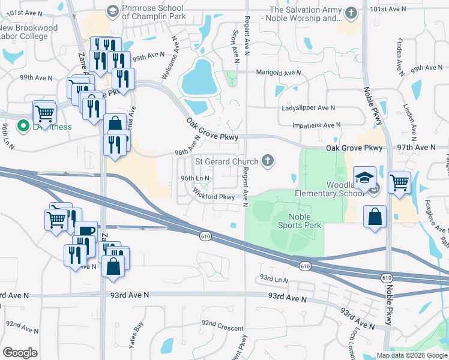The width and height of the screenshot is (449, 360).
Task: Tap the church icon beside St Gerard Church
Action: (268, 161)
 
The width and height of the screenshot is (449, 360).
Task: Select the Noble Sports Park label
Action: (299, 221)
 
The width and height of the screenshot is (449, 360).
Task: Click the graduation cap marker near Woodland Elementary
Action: (364, 178)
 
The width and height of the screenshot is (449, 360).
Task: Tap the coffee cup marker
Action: (86, 232)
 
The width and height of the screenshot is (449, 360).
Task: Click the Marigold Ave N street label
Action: (278, 73)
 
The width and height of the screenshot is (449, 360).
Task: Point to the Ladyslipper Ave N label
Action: (309, 108)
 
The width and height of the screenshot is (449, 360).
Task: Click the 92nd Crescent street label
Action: (222, 329)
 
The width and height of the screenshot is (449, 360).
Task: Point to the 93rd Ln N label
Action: (274, 280)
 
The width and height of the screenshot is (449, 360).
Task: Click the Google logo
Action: (19, 353)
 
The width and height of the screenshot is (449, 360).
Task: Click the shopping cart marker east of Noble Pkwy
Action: (399, 182)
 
